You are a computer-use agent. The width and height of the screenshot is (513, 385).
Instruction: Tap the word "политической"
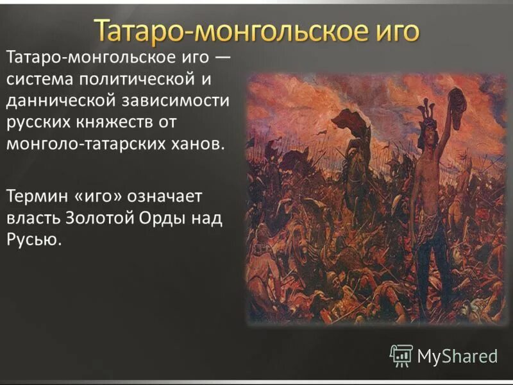145,80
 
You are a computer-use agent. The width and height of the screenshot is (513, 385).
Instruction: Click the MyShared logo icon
401,355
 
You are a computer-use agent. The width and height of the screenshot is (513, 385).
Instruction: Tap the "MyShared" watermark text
457,355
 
